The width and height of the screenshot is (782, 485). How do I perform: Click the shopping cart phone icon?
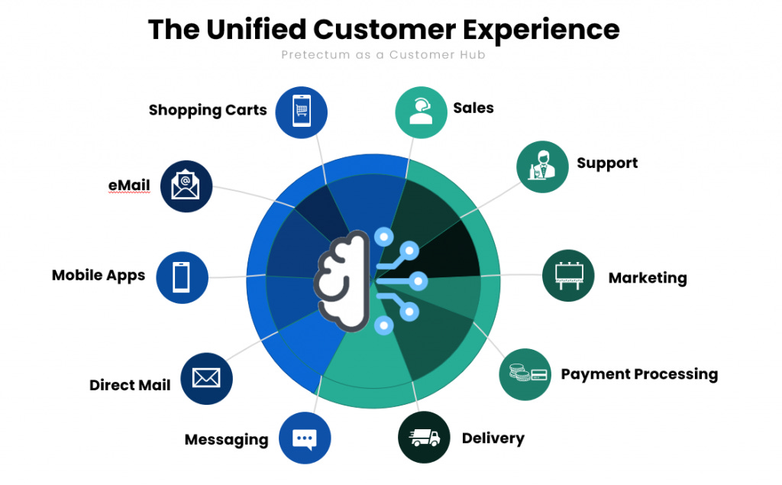click(x=301, y=112)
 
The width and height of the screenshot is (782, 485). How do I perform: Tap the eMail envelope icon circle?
click(x=186, y=186)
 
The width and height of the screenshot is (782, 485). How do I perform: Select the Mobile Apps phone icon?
click(x=182, y=277)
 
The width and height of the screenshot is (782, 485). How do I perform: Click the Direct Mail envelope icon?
click(x=206, y=378)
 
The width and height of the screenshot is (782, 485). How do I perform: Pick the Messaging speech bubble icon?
click(x=305, y=438)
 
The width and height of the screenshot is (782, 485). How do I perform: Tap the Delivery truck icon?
click(x=425, y=438)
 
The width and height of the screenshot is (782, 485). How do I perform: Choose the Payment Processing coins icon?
click(x=525, y=373)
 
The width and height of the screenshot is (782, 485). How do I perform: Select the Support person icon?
click(x=542, y=167)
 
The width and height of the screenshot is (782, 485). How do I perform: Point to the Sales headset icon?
click(x=421, y=112)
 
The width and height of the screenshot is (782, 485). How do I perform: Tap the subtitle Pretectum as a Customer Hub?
click(x=383, y=55)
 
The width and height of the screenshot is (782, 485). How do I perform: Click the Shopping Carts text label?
click(x=208, y=110)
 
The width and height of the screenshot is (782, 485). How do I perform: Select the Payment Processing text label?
click(x=639, y=374)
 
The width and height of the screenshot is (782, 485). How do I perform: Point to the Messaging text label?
click(x=226, y=440)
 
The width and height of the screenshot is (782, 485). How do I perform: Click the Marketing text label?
click(x=648, y=278)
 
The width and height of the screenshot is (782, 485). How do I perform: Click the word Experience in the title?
click(x=545, y=29)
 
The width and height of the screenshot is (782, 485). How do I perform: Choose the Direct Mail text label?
click(x=130, y=385)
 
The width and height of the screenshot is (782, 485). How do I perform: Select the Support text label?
click(x=607, y=163)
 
